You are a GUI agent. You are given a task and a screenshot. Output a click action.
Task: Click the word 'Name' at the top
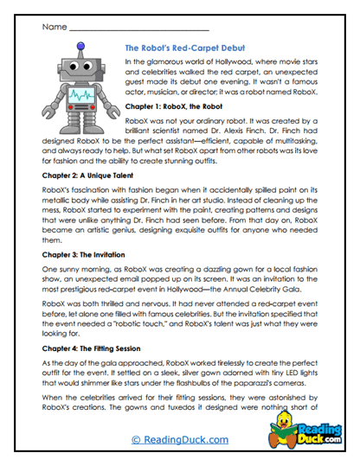click(x=53, y=27)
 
